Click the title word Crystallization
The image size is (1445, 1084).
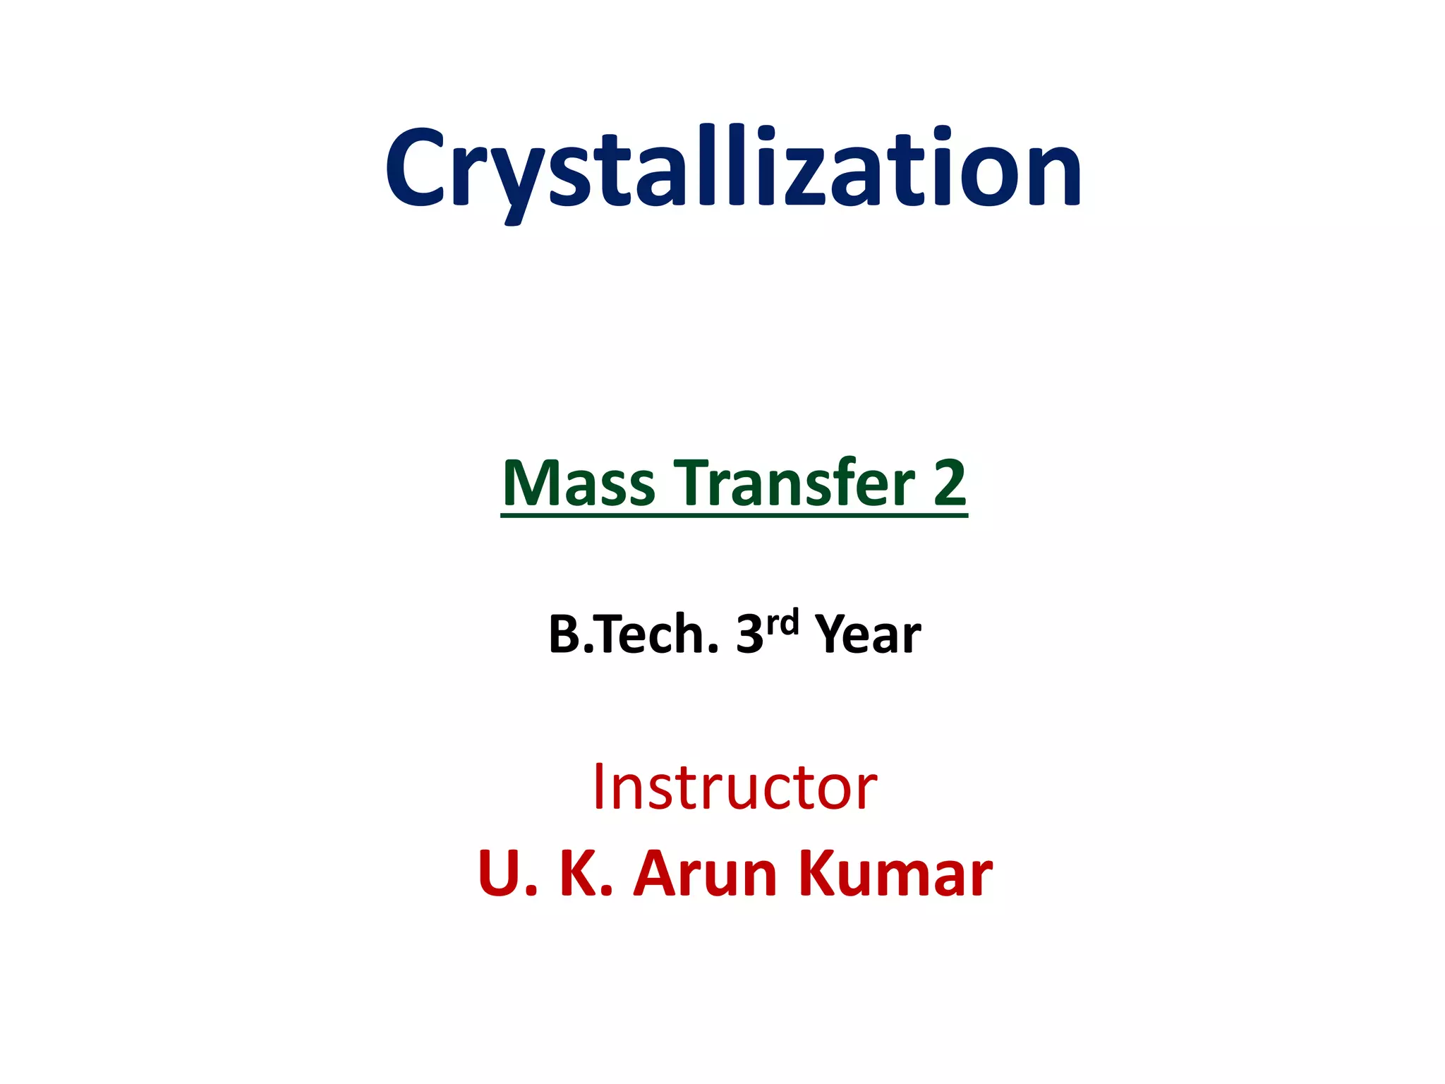(734, 169)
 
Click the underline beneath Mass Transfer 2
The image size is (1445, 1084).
(734, 516)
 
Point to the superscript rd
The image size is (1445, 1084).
(782, 622)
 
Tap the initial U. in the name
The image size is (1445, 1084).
(506, 874)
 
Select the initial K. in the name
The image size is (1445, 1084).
(585, 874)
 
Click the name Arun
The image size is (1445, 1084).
(706, 874)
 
